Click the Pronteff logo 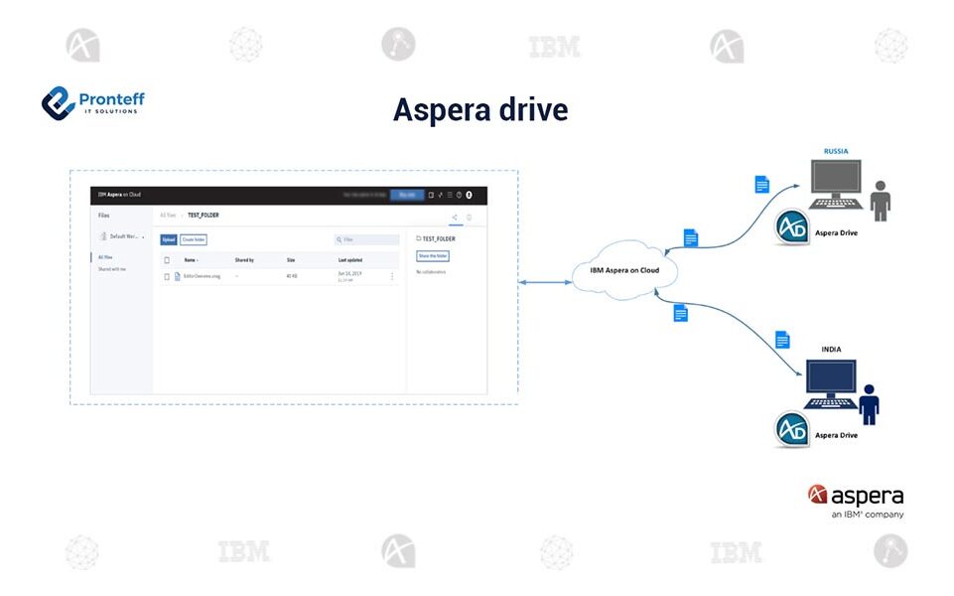(x=92, y=102)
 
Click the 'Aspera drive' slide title (x=480, y=109)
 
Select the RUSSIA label (x=836, y=151)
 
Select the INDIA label (x=831, y=349)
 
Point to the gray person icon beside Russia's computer (x=880, y=200)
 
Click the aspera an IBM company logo (x=856, y=501)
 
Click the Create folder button (x=193, y=239)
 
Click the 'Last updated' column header (x=350, y=260)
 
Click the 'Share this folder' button (x=433, y=255)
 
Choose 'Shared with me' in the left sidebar (x=112, y=269)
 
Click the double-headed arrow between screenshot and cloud (x=545, y=283)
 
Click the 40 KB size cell (x=292, y=276)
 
